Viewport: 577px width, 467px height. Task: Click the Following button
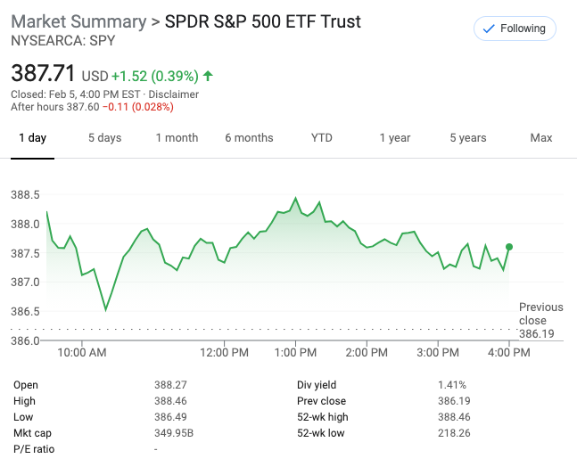(x=515, y=29)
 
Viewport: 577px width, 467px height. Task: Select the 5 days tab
(x=104, y=138)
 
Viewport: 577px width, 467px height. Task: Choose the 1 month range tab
(x=177, y=138)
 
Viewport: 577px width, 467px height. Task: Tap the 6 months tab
(x=249, y=138)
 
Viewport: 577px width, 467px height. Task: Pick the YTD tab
(x=321, y=138)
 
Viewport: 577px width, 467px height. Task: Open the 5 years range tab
(x=468, y=138)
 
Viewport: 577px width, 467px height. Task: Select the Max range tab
(x=541, y=138)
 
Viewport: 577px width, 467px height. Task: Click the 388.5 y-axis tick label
(x=26, y=194)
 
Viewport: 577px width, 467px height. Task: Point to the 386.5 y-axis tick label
(x=26, y=311)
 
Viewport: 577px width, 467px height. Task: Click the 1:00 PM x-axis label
(x=295, y=353)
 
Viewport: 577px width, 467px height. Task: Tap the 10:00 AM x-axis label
(x=81, y=353)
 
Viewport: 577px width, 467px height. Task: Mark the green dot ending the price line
(x=509, y=247)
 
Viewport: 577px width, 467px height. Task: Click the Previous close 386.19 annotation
(x=540, y=321)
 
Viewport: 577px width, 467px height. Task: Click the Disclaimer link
(x=174, y=94)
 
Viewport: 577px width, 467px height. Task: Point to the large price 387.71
(x=43, y=73)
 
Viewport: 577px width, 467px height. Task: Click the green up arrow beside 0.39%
(x=208, y=76)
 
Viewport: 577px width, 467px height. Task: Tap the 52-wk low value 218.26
(x=454, y=433)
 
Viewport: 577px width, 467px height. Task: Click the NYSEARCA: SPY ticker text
(x=62, y=41)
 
